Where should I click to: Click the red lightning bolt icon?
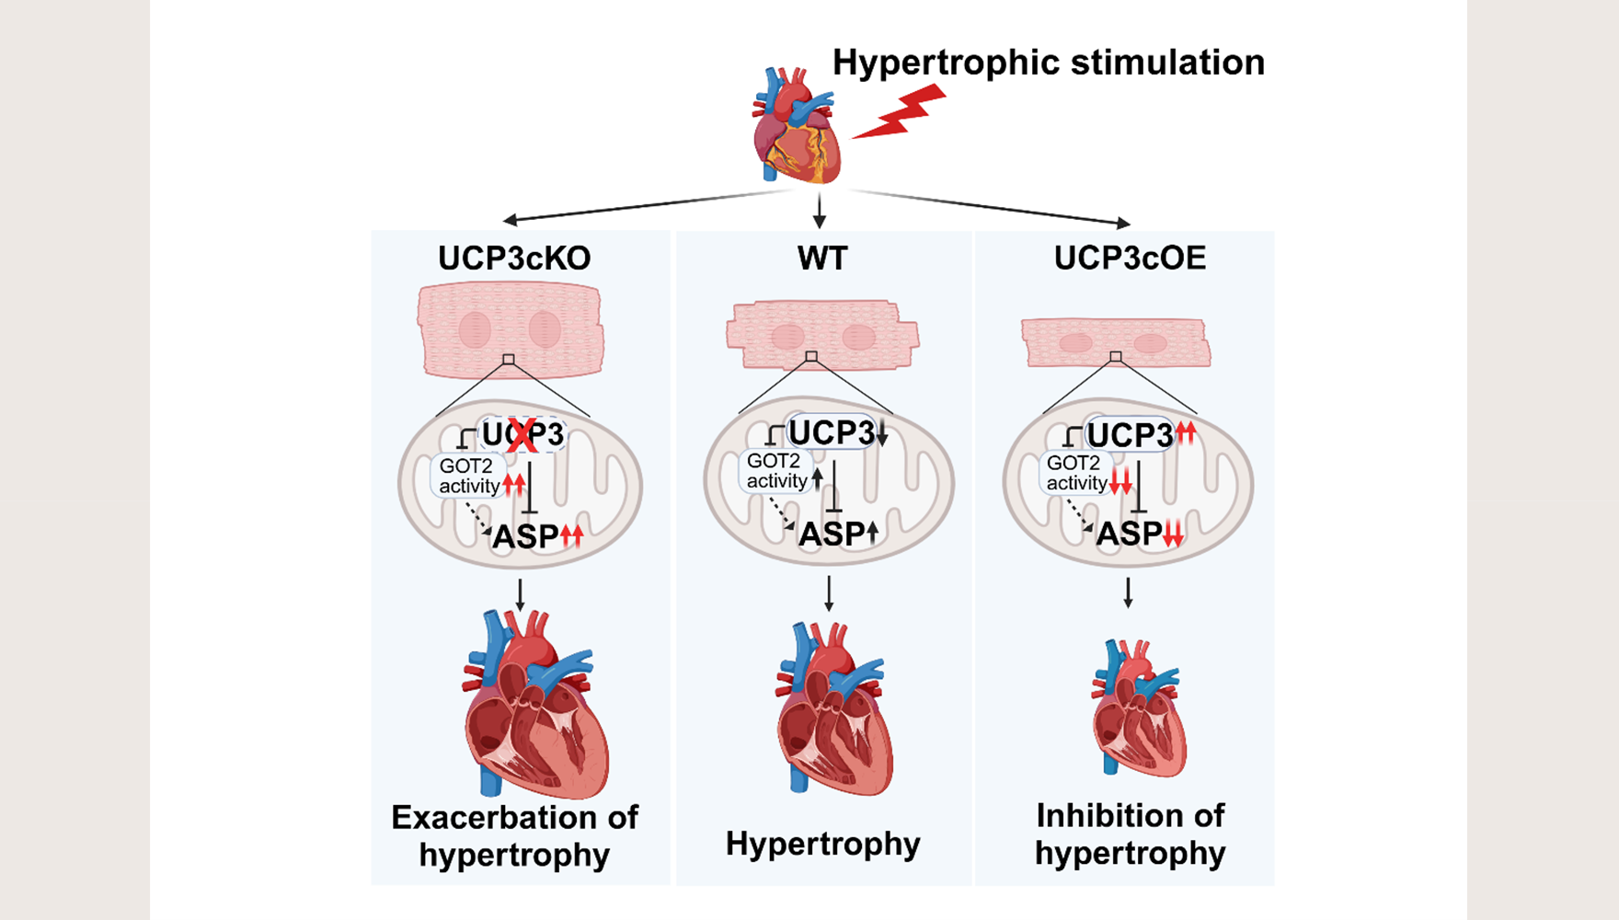[x=899, y=113]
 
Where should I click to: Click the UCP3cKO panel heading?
[x=514, y=259]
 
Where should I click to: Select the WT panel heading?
[x=821, y=259]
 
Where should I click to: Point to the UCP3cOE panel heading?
[x=1130, y=259]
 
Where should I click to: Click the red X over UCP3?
[x=522, y=435]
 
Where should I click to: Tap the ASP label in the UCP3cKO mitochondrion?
[x=525, y=536]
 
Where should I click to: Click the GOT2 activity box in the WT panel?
[x=775, y=471]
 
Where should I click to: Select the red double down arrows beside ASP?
[x=1173, y=535]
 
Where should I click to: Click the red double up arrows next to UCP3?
[x=1186, y=432]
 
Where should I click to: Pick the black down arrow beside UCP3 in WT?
[x=882, y=433]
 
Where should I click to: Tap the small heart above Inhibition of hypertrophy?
[x=1137, y=708]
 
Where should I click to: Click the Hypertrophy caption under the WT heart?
[x=822, y=844]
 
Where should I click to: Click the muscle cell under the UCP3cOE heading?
[x=1115, y=342]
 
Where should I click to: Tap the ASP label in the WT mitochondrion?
[x=832, y=534]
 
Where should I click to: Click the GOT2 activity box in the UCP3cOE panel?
[x=1075, y=473]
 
